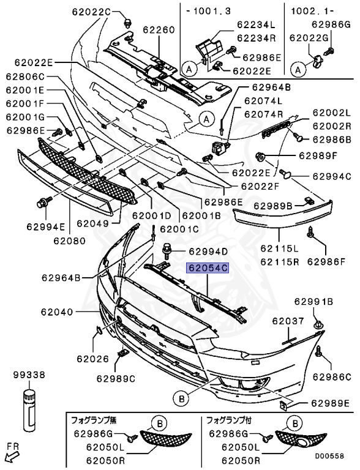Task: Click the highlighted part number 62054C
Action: tap(208, 267)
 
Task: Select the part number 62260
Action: tap(159, 29)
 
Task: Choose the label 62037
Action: tap(288, 320)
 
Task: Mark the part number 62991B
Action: tap(313, 301)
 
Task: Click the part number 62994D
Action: tap(208, 251)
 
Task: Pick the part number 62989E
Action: tap(329, 403)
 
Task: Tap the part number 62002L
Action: tap(331, 113)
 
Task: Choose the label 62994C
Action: tap(331, 176)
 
